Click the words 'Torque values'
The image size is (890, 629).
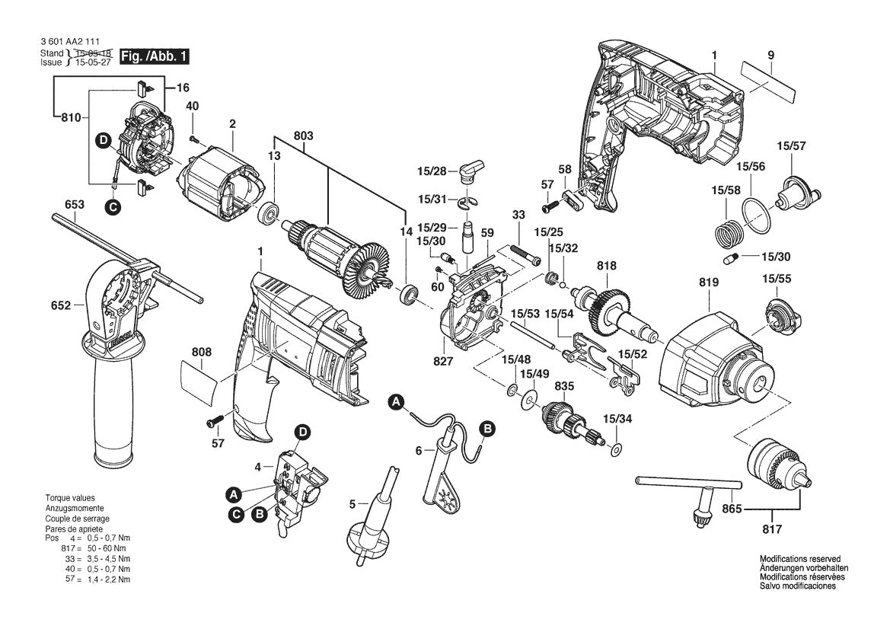coord(69,497)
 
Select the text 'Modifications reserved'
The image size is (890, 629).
coord(799,558)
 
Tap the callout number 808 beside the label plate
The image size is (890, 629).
coord(202,353)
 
